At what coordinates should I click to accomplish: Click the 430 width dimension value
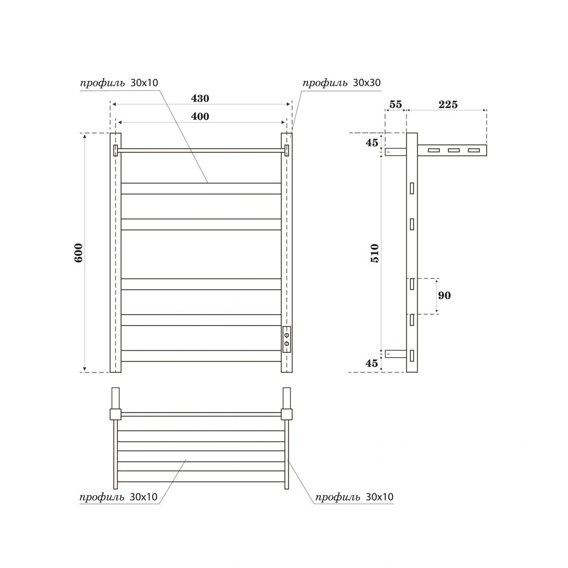coord(200,98)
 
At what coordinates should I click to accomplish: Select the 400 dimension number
coord(200,116)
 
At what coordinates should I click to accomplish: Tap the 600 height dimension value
coord(79,253)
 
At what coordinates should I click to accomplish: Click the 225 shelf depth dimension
coord(448,105)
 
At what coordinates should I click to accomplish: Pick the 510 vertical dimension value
coord(374,253)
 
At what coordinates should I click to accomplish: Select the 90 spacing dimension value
coord(444,296)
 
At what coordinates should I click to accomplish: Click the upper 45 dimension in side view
coord(372,142)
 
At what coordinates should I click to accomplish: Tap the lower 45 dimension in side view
coord(372,364)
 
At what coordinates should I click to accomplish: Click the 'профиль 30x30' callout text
coord(341,83)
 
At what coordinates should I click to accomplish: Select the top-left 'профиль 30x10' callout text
coord(119,83)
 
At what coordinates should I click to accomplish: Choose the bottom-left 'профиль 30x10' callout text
coord(118,497)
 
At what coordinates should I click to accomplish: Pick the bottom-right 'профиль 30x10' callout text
coord(354,497)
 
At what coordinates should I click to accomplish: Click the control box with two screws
coord(287,339)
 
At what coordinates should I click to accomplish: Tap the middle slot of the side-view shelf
coord(453,151)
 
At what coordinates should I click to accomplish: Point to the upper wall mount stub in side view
coord(395,152)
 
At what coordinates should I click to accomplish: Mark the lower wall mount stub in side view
coord(396,354)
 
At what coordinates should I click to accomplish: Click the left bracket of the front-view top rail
coord(115,151)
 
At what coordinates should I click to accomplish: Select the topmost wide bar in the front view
coord(201,188)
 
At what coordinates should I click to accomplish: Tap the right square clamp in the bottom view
coord(286,414)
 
